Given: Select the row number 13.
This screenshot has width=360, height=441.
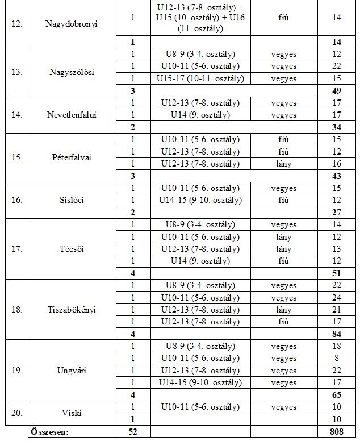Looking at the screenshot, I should (x=17, y=73).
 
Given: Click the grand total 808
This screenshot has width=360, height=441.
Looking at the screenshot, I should (x=337, y=432).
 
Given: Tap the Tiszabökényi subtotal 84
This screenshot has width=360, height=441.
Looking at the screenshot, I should (x=337, y=334).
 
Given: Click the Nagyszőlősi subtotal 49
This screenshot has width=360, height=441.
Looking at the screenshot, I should (x=337, y=91).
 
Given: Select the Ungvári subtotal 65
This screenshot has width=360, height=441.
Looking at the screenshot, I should (x=337, y=394).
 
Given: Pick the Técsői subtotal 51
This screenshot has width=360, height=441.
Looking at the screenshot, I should (x=337, y=273).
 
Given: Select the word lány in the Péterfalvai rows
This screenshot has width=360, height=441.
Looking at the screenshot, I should (x=283, y=164).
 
